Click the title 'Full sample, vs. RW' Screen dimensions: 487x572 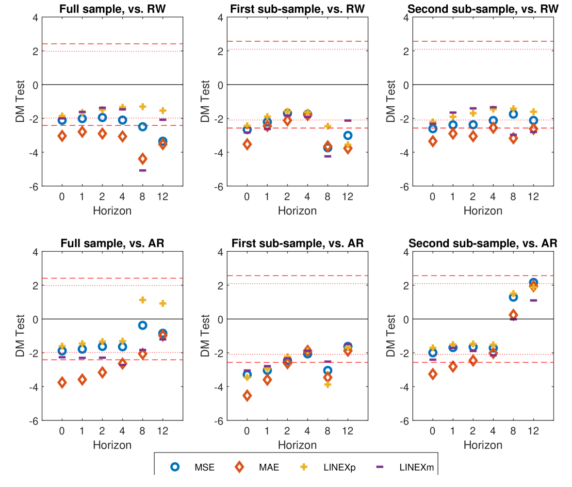coord(112,9)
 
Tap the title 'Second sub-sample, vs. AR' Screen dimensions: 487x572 coord(483,243)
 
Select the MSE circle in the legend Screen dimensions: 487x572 coord(175,467)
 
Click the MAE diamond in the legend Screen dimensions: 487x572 coord(240,467)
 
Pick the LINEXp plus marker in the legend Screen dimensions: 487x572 coord(304,467)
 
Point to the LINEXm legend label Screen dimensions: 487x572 coord(416,468)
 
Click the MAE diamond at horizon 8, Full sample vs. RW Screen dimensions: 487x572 coord(143,159)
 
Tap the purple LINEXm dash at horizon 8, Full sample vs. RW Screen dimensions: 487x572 coord(143,170)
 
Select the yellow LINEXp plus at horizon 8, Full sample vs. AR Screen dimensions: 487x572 coord(143,300)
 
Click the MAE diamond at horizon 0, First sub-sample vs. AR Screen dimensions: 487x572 coord(247,396)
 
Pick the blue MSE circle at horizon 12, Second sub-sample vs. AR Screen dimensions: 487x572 coord(533,282)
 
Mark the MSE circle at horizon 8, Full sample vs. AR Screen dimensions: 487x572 coord(143,325)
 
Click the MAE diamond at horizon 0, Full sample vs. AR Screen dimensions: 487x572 coord(62,382)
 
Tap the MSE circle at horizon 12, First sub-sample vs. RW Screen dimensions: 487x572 coord(348,135)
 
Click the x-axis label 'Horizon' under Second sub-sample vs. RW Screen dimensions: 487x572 coord(483,211)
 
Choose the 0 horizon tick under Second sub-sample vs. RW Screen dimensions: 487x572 coord(432,196)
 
